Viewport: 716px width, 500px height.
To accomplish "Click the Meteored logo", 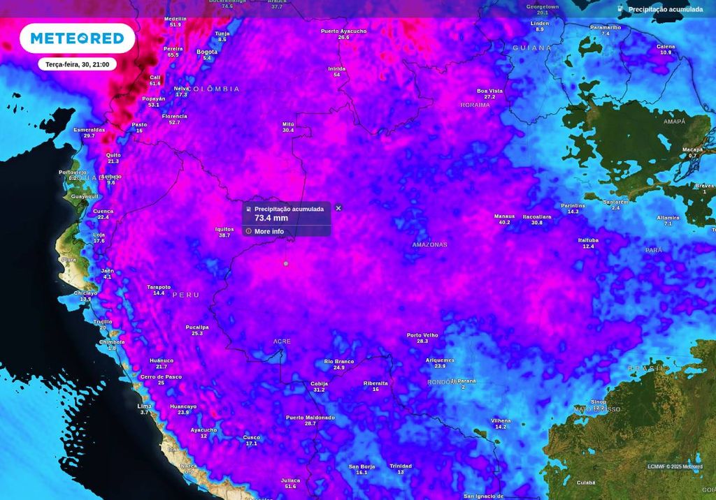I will coord(77,38).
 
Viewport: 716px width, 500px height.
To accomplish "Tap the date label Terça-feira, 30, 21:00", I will coord(77,64).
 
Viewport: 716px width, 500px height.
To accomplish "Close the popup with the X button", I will coord(338,208).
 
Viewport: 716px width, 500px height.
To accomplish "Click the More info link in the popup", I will coord(268,231).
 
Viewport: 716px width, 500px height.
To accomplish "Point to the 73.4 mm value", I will coord(271,218).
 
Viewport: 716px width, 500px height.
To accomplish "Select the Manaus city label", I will coord(504,216).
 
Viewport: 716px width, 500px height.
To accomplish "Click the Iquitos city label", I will coord(224,229).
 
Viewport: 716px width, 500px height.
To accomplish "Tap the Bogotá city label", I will coord(207,52).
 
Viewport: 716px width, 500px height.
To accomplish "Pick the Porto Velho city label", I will coord(422,335).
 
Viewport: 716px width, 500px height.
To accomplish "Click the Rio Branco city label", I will coord(339,361).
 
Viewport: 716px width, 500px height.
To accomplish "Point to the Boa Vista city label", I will coord(489,91).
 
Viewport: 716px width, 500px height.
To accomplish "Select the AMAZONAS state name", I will coord(429,245).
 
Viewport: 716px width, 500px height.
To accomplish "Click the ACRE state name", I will coord(282,341).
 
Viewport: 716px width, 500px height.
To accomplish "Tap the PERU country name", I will coord(186,295).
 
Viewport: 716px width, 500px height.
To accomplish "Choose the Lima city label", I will coord(145,406).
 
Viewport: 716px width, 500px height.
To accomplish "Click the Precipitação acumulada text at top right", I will coord(665,10).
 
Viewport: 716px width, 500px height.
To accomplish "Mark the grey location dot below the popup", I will coord(285,263).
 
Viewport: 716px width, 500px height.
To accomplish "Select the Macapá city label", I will coord(692,149).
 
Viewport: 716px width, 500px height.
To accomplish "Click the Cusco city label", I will coord(252,437).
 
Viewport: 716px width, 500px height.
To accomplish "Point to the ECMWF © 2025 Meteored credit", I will coord(675,466).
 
